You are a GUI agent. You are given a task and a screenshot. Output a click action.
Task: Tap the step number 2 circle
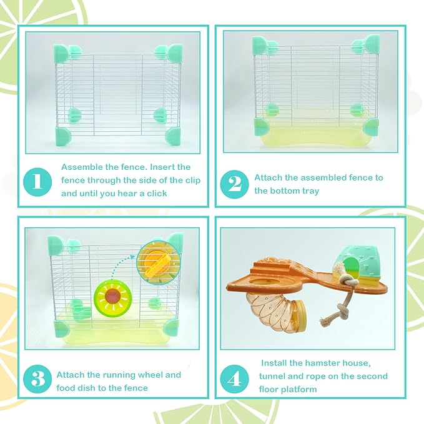tap(234, 184)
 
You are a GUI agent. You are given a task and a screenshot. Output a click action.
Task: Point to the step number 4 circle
tap(234, 378)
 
